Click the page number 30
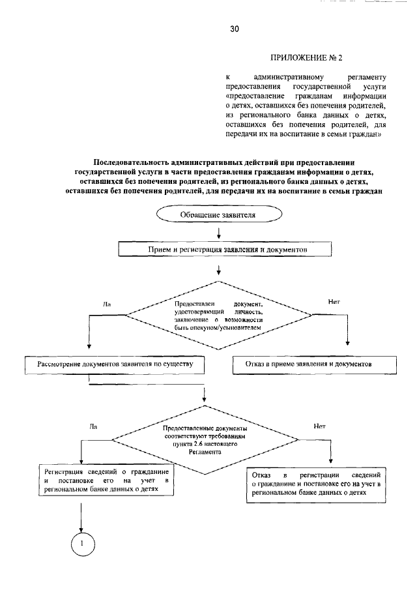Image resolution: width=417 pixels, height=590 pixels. tap(235, 29)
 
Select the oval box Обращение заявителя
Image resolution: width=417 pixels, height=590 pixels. tap(218, 214)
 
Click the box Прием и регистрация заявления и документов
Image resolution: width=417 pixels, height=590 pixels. tap(225, 249)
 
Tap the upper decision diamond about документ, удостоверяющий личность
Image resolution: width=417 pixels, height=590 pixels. tap(218, 315)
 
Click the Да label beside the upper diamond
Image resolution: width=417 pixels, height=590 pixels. tap(107, 304)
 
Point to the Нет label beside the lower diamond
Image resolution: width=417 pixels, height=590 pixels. tap(320, 427)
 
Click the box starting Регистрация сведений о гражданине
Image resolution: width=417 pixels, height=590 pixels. tap(106, 481)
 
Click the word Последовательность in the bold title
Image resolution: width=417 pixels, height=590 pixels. tap(138, 161)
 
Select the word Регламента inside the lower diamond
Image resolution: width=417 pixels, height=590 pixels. tap(206, 451)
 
